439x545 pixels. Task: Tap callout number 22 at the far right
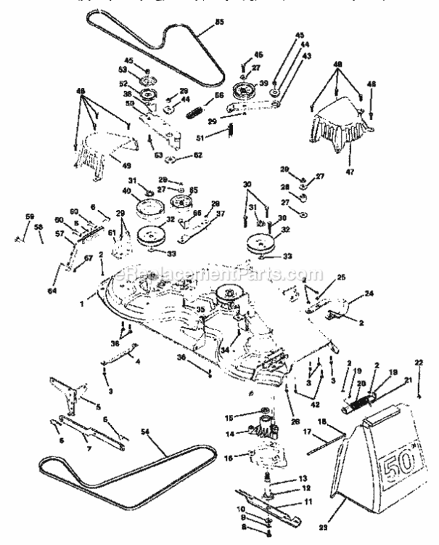click(x=419, y=383)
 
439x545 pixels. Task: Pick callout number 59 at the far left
click(x=30, y=216)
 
